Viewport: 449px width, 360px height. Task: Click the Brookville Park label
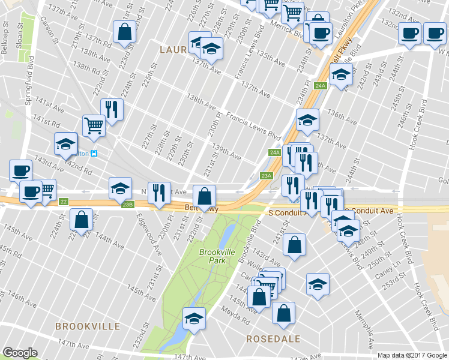[x=215, y=257]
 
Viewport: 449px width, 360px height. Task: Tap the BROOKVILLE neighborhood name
[x=88, y=326]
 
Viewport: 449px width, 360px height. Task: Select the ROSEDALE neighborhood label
[x=273, y=339]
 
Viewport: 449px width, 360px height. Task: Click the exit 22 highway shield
[x=64, y=201]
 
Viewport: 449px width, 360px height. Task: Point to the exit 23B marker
[x=127, y=205]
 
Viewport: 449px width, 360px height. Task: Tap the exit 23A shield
[x=267, y=176]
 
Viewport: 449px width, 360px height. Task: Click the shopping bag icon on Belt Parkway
[x=205, y=195]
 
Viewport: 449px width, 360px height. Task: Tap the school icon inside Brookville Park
[x=194, y=319]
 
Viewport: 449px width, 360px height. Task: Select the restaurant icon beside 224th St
[x=112, y=109]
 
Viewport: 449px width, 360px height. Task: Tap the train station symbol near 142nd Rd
[x=94, y=153]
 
